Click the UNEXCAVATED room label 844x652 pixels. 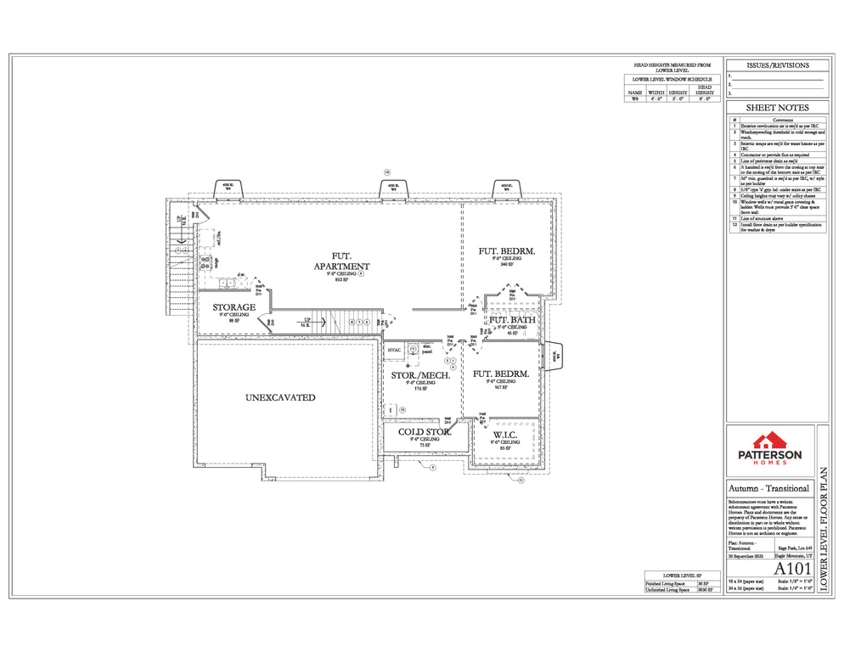point(280,397)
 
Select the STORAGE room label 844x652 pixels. point(234,307)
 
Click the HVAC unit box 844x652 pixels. point(394,350)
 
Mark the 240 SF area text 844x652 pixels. point(506,265)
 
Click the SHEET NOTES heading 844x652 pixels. point(776,108)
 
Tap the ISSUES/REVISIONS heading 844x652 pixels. point(776,65)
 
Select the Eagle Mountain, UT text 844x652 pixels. point(793,556)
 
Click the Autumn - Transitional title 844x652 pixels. point(768,488)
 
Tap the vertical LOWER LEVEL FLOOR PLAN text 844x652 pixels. point(824,526)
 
